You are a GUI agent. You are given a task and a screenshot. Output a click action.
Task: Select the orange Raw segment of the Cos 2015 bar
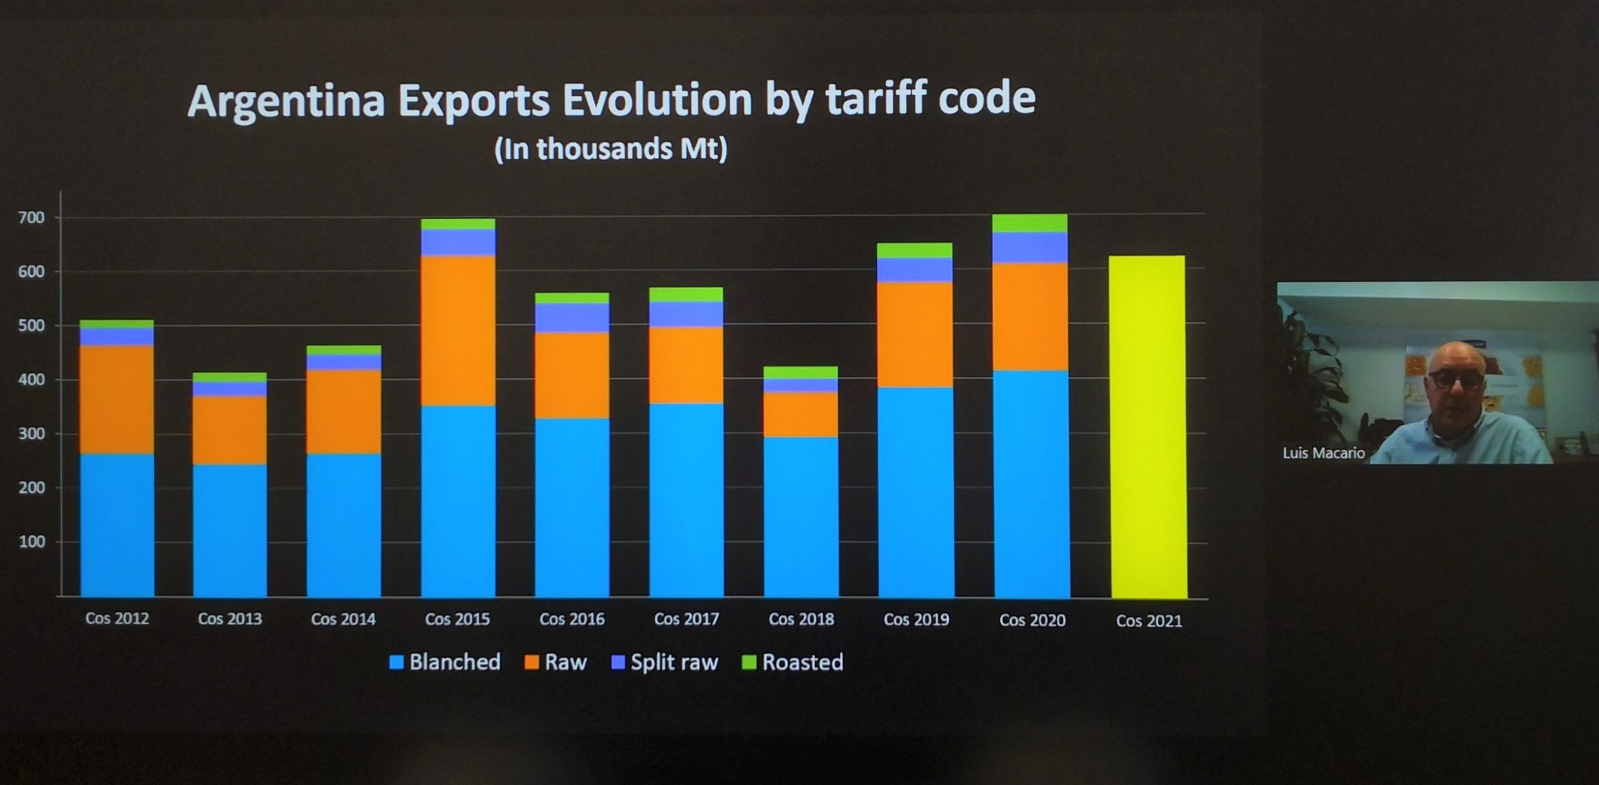pyautogui.click(x=458, y=331)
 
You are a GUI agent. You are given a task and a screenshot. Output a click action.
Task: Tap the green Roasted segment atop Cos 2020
pyautogui.click(x=1030, y=223)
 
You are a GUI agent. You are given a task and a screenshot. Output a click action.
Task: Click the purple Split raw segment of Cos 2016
pyautogui.click(x=572, y=317)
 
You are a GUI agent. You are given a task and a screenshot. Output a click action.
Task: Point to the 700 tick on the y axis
pyautogui.click(x=32, y=217)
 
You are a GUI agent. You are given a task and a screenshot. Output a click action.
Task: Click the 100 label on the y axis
pyautogui.click(x=32, y=541)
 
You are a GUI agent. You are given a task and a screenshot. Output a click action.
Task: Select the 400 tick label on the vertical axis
pyautogui.click(x=32, y=379)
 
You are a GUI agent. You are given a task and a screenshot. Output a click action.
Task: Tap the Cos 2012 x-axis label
pyautogui.click(x=117, y=618)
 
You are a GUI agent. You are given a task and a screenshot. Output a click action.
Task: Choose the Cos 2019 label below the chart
pyautogui.click(x=916, y=619)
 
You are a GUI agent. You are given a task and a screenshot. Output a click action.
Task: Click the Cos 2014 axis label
pyautogui.click(x=343, y=619)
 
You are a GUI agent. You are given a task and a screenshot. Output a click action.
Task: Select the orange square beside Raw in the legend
pyautogui.click(x=532, y=662)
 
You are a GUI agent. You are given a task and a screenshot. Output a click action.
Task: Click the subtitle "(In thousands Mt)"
pyautogui.click(x=610, y=149)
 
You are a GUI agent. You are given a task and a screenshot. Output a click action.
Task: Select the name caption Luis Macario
pyautogui.click(x=1323, y=452)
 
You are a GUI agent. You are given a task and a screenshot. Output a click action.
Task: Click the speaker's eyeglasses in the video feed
pyautogui.click(x=1455, y=379)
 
